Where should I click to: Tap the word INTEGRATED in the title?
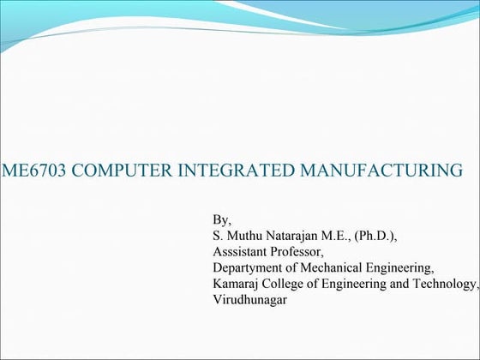231,170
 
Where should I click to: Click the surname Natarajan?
297,235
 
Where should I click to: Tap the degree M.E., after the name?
345,235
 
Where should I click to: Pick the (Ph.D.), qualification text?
386,235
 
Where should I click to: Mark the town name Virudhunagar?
251,300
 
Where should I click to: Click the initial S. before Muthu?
217,235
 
